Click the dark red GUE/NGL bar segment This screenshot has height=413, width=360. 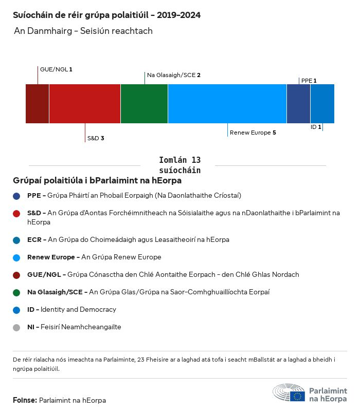click(x=37, y=104)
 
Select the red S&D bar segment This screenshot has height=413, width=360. click(x=85, y=104)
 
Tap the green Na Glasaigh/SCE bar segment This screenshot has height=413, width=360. click(x=144, y=104)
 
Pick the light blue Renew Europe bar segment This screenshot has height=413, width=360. click(x=227, y=104)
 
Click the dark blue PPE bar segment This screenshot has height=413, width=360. click(x=298, y=104)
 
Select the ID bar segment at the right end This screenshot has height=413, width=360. click(x=322, y=104)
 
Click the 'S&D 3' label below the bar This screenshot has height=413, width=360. click(x=96, y=138)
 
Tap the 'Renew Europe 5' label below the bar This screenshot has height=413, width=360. click(x=253, y=133)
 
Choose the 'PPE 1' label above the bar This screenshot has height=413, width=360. click(x=309, y=81)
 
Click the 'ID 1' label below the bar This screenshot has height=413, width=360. click(x=315, y=127)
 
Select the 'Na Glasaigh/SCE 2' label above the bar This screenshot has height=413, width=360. click(x=173, y=75)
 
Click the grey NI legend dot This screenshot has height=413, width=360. click(x=17, y=327)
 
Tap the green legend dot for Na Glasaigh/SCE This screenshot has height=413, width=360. click(x=17, y=292)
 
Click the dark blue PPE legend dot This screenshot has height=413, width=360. click(x=17, y=196)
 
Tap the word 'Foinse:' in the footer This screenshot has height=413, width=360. click(x=25, y=400)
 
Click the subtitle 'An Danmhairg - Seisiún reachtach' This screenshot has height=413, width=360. click(x=83, y=31)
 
